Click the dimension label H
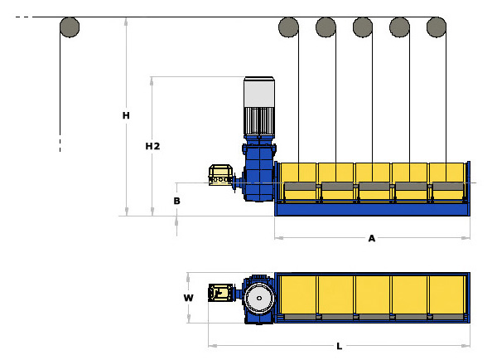point(126,115)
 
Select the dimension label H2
point(152,146)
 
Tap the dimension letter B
point(176,201)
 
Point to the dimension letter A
point(372,239)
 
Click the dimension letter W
point(189,298)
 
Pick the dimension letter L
point(339,345)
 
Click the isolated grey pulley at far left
point(70,27)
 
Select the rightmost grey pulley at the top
point(437,27)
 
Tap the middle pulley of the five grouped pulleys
point(363,27)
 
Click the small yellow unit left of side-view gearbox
point(220,176)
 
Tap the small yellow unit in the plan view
point(220,293)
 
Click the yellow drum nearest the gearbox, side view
point(299,182)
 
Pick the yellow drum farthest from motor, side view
point(447,182)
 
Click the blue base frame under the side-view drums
point(372,208)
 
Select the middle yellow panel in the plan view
point(373,295)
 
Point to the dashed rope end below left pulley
point(60,144)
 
